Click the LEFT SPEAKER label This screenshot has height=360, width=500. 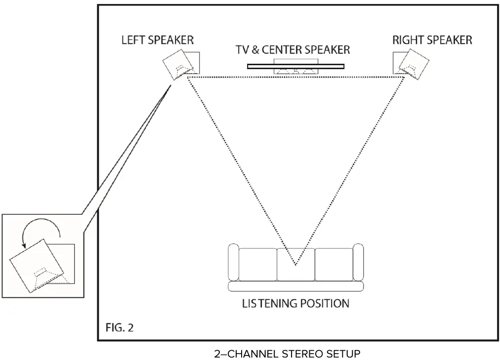[x=158, y=40]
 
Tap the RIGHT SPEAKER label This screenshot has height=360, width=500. [x=432, y=40]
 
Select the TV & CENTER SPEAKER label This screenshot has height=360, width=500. [x=292, y=49]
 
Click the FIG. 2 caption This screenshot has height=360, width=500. [x=120, y=327]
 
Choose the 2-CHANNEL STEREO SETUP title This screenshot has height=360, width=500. [x=287, y=354]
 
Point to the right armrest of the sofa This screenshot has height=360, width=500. [x=359, y=262]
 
